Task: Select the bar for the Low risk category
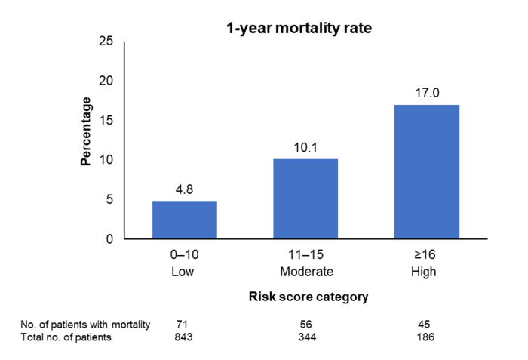[185, 220]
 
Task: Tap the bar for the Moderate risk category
[305, 199]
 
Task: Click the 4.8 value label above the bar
[185, 189]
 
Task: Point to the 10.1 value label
[305, 148]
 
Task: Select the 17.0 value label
[426, 94]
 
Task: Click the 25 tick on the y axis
[106, 42]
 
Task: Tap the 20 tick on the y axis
[106, 81]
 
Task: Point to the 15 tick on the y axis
[106, 121]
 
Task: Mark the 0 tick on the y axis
[109, 239]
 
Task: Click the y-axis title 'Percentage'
[87, 131]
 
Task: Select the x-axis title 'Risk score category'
[309, 297]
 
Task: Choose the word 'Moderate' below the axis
[305, 271]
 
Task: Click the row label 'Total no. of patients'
[66, 337]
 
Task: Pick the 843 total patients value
[184, 337]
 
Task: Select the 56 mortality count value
[305, 324]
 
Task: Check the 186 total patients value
[426, 337]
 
